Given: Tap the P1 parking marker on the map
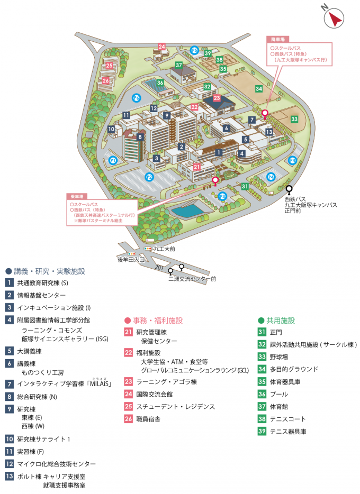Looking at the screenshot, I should pyautogui.click(x=112, y=160).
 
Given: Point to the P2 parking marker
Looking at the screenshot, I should pyautogui.click(x=150, y=177).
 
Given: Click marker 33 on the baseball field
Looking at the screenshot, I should pyautogui.click(x=294, y=120).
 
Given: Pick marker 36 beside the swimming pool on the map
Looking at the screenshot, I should pyautogui.click(x=160, y=83).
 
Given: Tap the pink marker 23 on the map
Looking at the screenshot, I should pyautogui.click(x=217, y=98).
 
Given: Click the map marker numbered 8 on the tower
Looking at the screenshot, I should pyautogui.click(x=140, y=136).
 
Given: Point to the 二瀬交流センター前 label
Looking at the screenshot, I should pyautogui.click(x=192, y=279).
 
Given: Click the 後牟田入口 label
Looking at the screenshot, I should pyautogui.click(x=131, y=260).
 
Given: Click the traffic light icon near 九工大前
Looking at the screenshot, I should pyautogui.click(x=148, y=248).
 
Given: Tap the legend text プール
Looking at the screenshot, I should pyautogui.click(x=279, y=395).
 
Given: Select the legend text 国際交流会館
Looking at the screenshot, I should pyautogui.click(x=155, y=394).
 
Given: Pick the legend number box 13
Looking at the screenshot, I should pyautogui.click(x=10, y=476).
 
